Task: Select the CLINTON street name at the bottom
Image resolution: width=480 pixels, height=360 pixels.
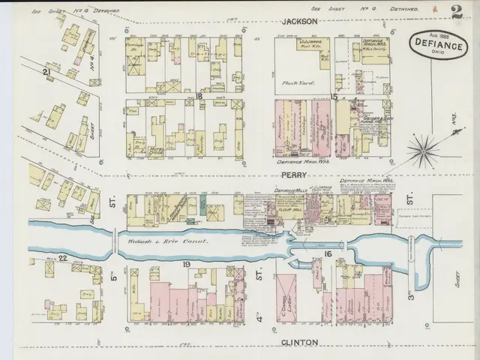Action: [300, 343]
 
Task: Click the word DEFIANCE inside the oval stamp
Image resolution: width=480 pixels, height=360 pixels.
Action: [436, 46]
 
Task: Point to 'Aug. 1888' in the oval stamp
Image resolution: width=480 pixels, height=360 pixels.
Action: [436, 36]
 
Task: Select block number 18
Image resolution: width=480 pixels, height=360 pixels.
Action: [199, 97]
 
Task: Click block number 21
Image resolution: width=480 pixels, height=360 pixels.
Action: [46, 71]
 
